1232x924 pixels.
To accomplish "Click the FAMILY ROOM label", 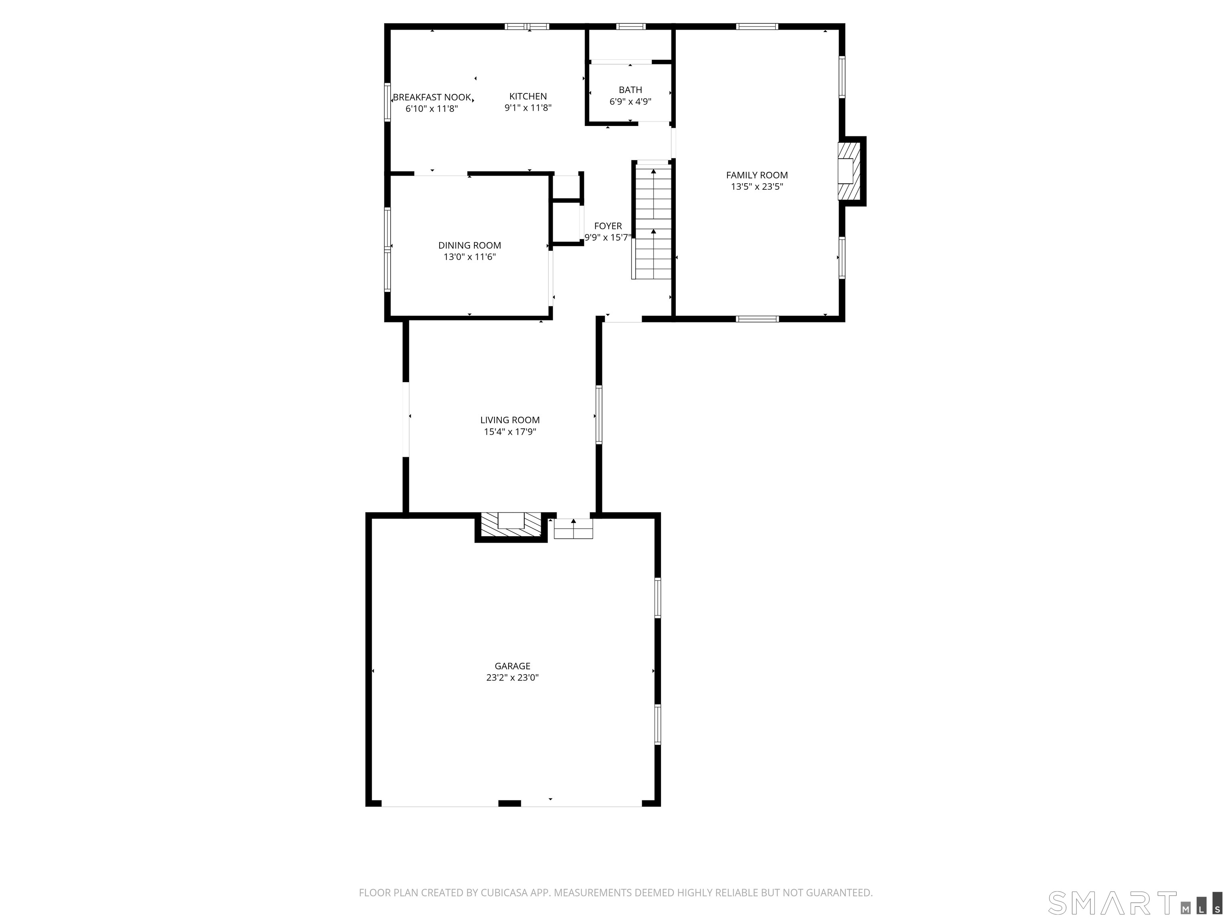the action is click(757, 175).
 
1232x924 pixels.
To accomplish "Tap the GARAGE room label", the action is click(513, 666).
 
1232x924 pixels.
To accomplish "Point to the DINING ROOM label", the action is click(470, 245).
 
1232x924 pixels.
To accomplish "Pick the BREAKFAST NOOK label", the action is click(432, 97).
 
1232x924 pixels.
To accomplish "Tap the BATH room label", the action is click(630, 90).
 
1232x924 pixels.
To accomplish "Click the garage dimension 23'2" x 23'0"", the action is click(513, 678).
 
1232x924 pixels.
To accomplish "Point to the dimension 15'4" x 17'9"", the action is click(510, 432).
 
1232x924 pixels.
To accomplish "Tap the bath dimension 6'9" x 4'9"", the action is click(630, 102).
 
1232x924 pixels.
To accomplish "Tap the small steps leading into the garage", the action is click(573, 529).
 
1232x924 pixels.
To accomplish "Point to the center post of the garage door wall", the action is click(509, 804).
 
